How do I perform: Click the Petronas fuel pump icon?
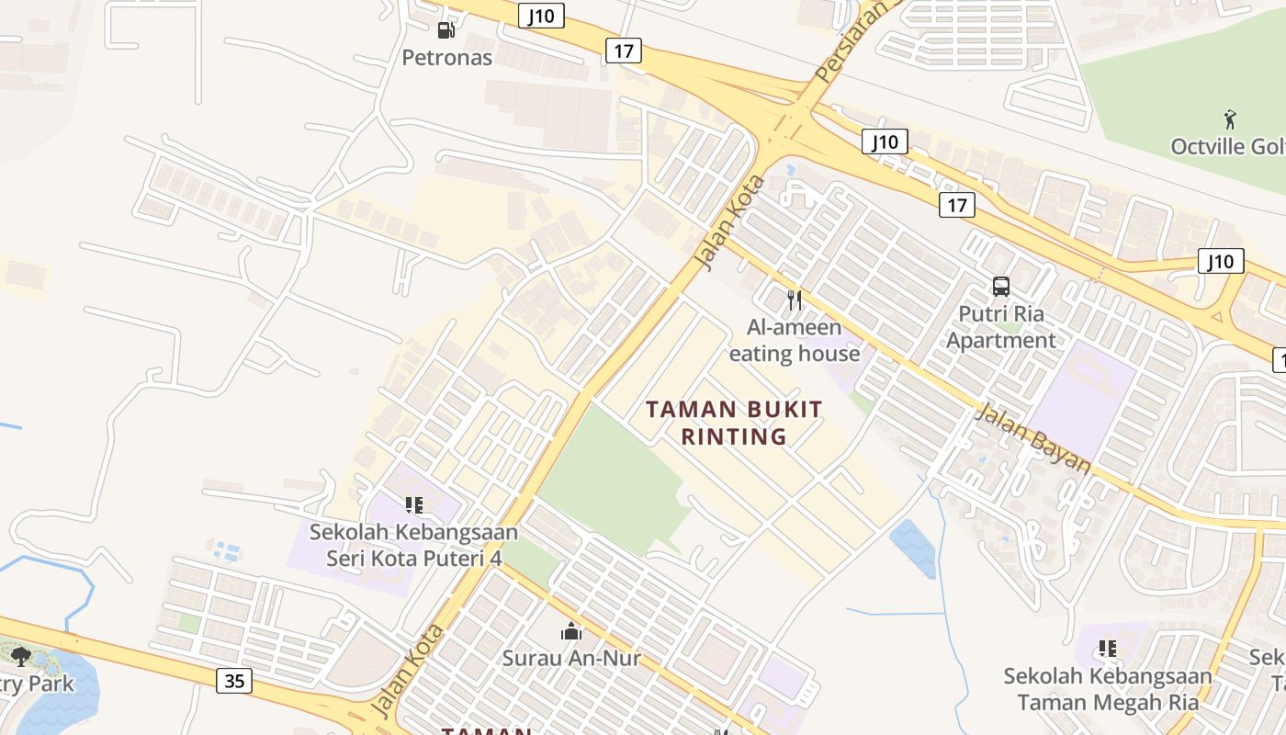(446, 30)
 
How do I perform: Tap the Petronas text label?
(447, 58)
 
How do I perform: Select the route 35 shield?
(234, 681)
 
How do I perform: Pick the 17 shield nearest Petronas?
(623, 51)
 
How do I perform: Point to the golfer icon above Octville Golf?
(1230, 119)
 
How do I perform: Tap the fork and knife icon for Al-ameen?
(795, 300)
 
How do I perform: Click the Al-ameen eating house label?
(795, 341)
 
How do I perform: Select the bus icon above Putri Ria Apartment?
(1000, 287)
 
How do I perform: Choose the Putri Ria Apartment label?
(1000, 327)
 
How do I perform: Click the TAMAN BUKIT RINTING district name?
(734, 423)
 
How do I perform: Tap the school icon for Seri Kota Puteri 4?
(413, 504)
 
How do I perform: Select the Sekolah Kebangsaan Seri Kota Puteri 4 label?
(413, 545)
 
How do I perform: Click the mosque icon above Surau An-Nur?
(571, 631)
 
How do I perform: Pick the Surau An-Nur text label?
(571, 658)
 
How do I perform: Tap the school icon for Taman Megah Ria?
(1107, 649)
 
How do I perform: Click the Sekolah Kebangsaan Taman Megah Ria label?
(1107, 689)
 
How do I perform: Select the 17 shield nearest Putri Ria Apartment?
(956, 205)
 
